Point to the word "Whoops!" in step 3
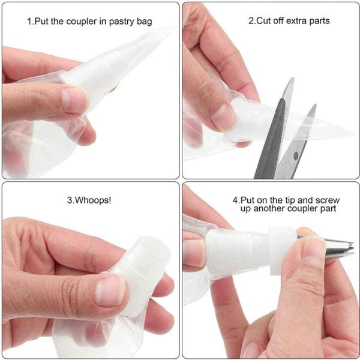(90, 199)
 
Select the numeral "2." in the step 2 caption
(252, 21)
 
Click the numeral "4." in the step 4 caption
(236, 199)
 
